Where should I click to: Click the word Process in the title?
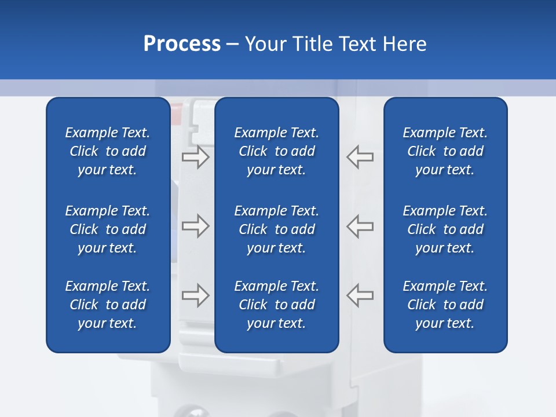pos(182,44)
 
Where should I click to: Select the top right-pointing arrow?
pos(195,157)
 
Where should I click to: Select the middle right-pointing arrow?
pos(195,226)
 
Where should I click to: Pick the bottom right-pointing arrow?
pos(195,295)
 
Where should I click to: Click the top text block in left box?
pos(108,151)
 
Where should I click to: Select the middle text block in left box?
pos(108,229)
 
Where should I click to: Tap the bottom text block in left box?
pos(108,305)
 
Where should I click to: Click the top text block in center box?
pos(276,151)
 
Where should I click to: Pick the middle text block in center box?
pos(276,229)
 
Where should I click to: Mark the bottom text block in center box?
pos(276,305)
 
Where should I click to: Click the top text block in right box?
pos(445,151)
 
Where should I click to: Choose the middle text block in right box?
pos(445,229)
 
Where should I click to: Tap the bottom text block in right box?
pos(445,305)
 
